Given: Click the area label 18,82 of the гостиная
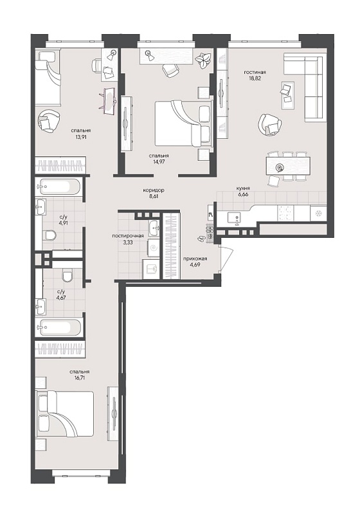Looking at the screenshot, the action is click(x=255, y=78).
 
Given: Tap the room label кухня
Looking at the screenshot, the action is click(x=243, y=188).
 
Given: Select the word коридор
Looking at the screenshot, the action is click(x=154, y=190).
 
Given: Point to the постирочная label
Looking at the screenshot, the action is click(x=128, y=235).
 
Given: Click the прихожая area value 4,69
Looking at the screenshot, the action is click(x=195, y=264).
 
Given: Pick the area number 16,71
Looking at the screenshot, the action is click(x=80, y=377).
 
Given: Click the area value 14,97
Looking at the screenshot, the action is click(x=159, y=161).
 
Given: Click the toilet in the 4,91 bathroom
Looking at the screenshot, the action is click(x=50, y=235).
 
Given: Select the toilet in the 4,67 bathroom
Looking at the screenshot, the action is click(x=67, y=275).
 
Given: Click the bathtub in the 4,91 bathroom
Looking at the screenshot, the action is click(x=58, y=187).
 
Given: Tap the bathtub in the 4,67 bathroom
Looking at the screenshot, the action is click(x=58, y=327).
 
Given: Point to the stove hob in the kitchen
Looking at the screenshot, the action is click(x=285, y=213).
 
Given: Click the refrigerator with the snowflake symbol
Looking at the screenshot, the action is click(x=318, y=213).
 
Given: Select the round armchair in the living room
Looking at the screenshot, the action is click(x=270, y=124).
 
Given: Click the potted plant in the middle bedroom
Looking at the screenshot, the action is click(x=202, y=59).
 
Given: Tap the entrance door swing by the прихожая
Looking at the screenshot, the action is click(x=227, y=258).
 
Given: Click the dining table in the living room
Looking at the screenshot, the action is click(x=288, y=166).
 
